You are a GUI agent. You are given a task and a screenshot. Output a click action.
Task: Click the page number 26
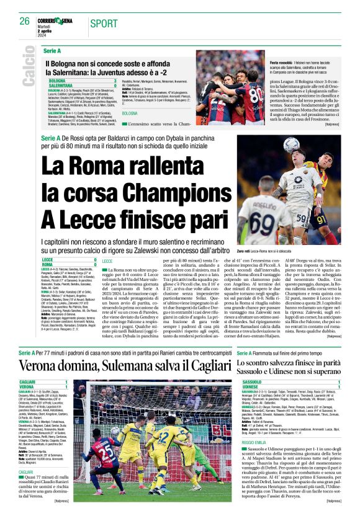pyautogui.click(x=24, y=21)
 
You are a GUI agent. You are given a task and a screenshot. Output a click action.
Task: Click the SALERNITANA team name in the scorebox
pyautogui.click(x=61, y=86)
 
